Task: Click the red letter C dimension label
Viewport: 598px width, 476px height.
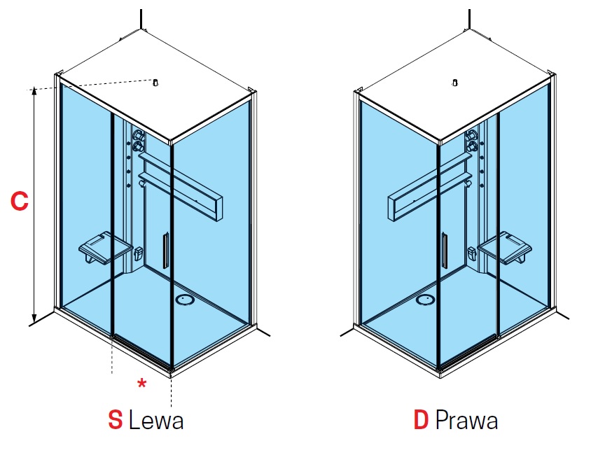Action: (x=20, y=201)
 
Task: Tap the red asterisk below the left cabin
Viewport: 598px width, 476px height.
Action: (x=141, y=383)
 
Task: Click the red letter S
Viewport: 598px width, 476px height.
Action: (x=115, y=420)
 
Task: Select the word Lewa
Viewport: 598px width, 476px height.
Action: (x=156, y=420)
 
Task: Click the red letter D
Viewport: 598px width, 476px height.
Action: (x=421, y=420)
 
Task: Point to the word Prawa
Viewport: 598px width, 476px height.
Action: (x=466, y=420)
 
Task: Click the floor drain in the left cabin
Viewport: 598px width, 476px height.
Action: (x=186, y=300)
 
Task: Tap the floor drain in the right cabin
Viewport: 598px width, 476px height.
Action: (x=425, y=300)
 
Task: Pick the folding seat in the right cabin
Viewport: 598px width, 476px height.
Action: (x=505, y=248)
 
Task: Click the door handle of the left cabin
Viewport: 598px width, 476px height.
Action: (x=165, y=251)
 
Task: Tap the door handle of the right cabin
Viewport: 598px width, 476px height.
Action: (x=445, y=251)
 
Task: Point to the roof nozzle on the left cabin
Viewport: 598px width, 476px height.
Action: (x=155, y=82)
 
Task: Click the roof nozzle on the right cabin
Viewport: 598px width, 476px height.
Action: (x=454, y=83)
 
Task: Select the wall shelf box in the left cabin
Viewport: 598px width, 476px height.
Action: (x=180, y=185)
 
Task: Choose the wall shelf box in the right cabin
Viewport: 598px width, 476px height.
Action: (x=430, y=185)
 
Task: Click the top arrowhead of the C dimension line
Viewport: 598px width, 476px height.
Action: (x=34, y=90)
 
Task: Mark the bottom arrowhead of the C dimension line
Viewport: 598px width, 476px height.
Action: (x=34, y=318)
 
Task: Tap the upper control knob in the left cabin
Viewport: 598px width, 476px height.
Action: (x=138, y=134)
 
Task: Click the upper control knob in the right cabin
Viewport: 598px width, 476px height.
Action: (x=472, y=134)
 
